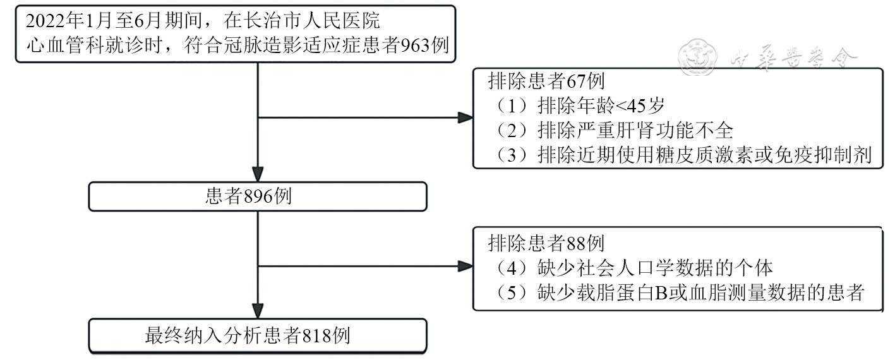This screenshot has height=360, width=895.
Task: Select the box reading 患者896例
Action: point(258,196)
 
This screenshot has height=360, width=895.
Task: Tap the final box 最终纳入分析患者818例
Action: point(258,336)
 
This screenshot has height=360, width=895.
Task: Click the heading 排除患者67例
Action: point(546,81)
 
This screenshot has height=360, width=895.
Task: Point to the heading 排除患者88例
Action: point(546,243)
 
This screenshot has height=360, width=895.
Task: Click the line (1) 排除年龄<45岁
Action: point(579,106)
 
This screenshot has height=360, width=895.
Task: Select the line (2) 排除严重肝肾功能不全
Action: point(614,130)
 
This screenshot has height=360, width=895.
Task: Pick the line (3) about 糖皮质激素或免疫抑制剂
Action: point(682,155)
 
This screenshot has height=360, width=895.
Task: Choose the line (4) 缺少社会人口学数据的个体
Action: point(634,268)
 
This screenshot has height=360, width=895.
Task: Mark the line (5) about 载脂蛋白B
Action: point(679,293)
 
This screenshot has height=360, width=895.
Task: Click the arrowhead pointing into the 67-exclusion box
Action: point(466,117)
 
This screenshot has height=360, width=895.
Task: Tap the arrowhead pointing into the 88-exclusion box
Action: point(466,266)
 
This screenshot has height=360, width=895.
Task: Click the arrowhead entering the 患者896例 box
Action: point(258,174)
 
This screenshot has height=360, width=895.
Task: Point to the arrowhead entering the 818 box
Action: point(258,311)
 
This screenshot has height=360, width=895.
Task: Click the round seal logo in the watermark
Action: point(698,57)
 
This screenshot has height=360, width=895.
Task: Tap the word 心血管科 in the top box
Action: point(66,45)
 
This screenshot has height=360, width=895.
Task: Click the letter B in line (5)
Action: point(662,293)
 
